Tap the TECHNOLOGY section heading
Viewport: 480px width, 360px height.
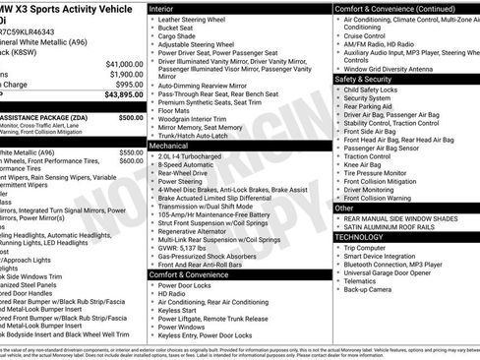coord(359,237)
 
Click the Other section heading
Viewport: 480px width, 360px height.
coord(344,209)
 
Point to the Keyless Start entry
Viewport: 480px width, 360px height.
coord(181,308)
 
